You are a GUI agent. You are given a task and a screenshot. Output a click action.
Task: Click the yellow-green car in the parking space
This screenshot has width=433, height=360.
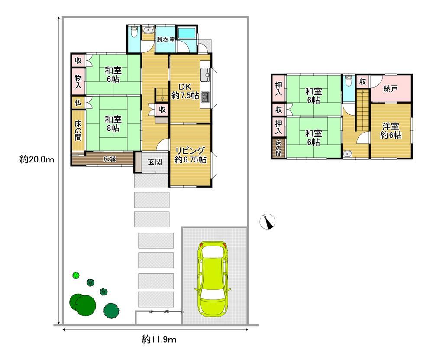(213, 279)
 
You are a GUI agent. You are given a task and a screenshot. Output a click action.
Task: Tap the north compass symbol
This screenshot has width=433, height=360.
(268, 221)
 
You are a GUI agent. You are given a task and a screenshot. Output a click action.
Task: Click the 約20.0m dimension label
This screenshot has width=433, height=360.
(37, 159)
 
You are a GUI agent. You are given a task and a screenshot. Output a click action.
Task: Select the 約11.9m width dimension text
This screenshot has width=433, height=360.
(159, 339)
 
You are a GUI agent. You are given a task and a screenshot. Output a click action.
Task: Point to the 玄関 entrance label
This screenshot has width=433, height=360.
(155, 162)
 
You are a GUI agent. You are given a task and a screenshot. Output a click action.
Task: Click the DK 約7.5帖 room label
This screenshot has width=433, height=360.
(185, 91)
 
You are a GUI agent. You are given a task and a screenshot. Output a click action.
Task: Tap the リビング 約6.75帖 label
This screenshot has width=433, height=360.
(191, 155)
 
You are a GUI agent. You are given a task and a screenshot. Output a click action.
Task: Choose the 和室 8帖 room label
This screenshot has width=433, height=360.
(113, 124)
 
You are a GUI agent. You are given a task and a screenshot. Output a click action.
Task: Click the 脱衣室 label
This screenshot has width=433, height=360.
(166, 39)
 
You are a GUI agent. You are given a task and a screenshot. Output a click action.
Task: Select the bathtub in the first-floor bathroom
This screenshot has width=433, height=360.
(187, 33)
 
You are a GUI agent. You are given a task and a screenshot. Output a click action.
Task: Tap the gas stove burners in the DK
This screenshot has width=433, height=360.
(205, 97)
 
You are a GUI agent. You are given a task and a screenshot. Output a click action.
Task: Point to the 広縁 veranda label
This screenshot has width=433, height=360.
(110, 159)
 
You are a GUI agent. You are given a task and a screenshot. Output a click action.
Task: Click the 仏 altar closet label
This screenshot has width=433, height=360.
(78, 103)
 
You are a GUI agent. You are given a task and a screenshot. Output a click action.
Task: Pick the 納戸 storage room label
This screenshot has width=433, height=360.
(391, 89)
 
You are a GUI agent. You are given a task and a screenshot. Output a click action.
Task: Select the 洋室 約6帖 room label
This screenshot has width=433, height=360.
(391, 131)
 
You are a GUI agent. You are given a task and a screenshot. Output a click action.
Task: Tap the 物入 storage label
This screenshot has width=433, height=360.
(78, 81)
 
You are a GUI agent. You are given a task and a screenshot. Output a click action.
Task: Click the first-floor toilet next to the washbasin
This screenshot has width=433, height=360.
(134, 32)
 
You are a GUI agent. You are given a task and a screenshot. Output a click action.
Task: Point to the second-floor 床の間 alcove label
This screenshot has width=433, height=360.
(278, 148)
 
